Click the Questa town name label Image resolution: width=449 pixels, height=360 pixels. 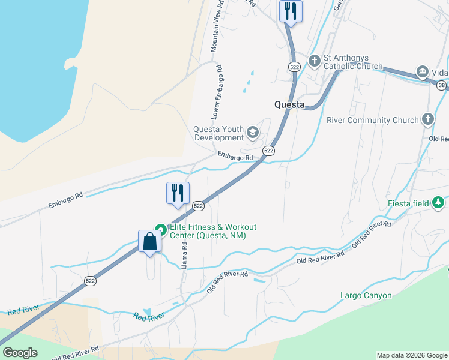click(x=289, y=104)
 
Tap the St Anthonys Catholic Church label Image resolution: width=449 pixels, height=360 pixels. click(x=353, y=62)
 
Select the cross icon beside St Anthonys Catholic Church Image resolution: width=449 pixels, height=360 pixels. click(x=314, y=60)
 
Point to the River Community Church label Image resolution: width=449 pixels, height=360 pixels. click(x=372, y=120)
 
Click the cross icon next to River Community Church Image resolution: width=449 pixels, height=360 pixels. click(x=428, y=119)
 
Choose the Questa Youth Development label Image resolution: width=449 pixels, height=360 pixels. click(x=218, y=133)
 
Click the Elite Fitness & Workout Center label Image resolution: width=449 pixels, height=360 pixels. click(x=212, y=231)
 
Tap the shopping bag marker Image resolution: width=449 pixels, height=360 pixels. click(x=149, y=242)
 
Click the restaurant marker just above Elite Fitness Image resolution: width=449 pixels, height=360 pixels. click(x=178, y=193)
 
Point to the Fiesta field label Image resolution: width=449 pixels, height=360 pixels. click(x=408, y=203)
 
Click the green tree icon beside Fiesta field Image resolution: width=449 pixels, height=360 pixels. click(x=439, y=203)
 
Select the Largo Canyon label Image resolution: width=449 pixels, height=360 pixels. click(x=366, y=295)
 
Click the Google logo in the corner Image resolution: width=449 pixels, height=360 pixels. click(x=20, y=353)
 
